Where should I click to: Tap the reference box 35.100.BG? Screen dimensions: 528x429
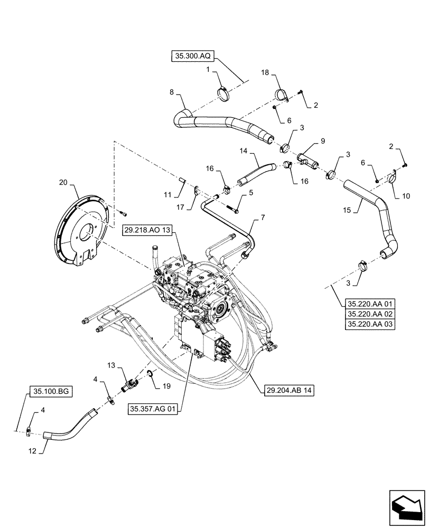[x=49, y=391]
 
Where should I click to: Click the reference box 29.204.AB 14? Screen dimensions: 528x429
[x=287, y=390]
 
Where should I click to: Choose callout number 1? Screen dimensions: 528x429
[x=209, y=69]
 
